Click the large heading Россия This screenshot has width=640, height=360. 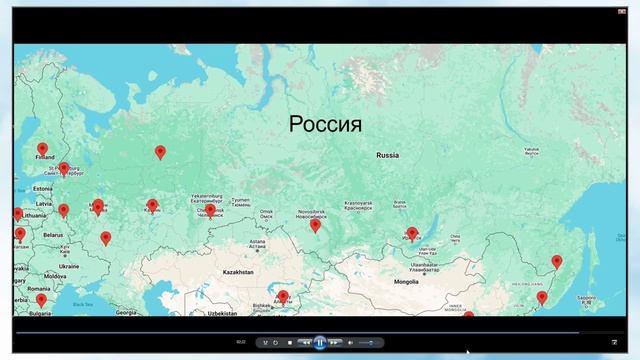coord(325,125)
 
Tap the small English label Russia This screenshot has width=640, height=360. coord(387,156)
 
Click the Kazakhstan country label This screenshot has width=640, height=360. coord(238,272)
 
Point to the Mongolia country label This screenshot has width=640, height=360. coord(406,282)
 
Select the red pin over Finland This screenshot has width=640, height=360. coord(42,150)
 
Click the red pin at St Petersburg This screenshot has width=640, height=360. coord(64,169)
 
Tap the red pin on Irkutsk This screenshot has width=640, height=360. coord(412,233)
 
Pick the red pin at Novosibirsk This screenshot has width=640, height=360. coord(315,225)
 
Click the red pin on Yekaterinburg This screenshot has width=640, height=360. coord(210,210)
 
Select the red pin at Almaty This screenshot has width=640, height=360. coord(283,296)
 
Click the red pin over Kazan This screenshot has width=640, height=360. coord(152,205)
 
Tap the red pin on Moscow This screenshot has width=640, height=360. coord(97,206)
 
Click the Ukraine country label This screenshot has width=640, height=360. coord(69,267)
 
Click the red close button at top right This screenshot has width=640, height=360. coord(622,10)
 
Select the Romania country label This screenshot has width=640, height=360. coord(39,289)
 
